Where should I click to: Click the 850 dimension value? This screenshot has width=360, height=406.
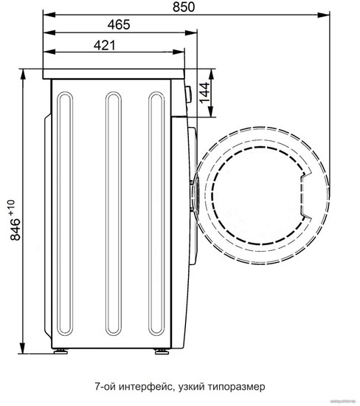coord(184,7)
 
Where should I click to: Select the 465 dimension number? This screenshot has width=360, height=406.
coord(119,25)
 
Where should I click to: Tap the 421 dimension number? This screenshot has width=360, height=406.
coord(105,46)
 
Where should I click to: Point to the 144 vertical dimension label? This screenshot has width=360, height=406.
coord(204,93)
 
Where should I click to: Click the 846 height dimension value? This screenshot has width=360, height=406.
coord(15,230)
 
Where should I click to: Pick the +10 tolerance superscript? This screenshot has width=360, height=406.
coord(12,207)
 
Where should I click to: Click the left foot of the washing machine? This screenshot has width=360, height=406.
coord(60,351)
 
